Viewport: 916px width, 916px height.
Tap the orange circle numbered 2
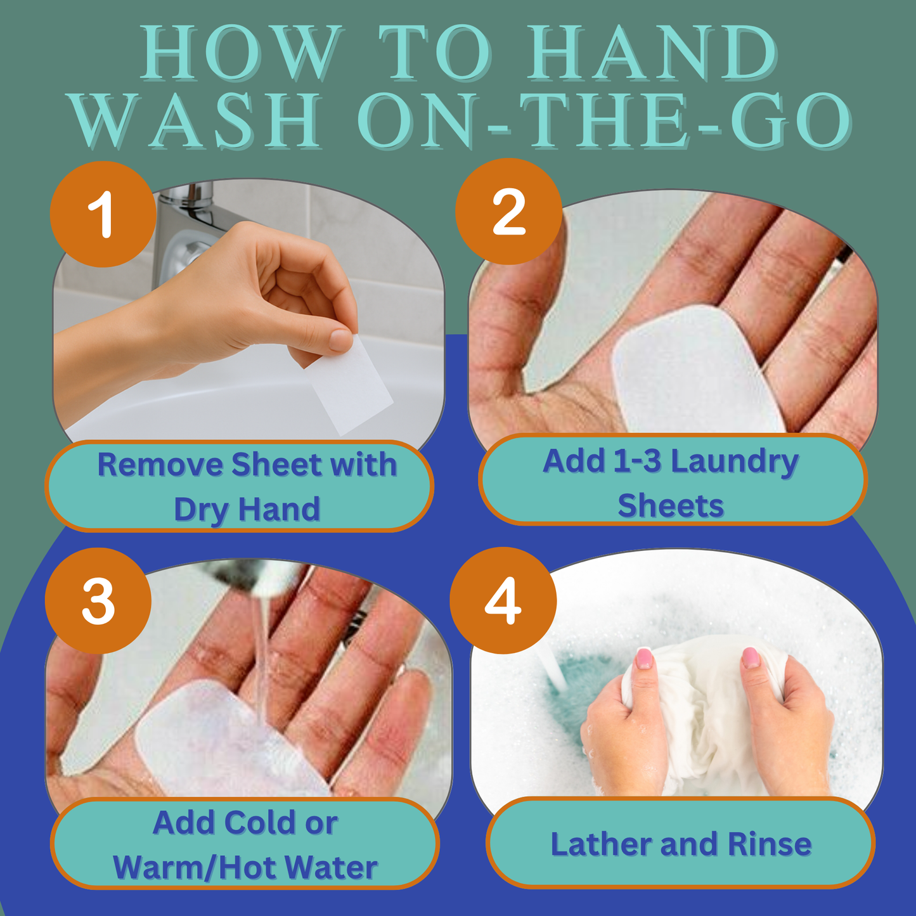[x=508, y=212]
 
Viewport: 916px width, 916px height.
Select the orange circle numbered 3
[x=98, y=601]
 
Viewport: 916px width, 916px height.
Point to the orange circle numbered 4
[x=503, y=600]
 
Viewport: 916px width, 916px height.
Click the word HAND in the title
[x=653, y=53]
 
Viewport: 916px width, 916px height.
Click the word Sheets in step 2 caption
[x=671, y=506]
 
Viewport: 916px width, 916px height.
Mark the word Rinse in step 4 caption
[x=770, y=844]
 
